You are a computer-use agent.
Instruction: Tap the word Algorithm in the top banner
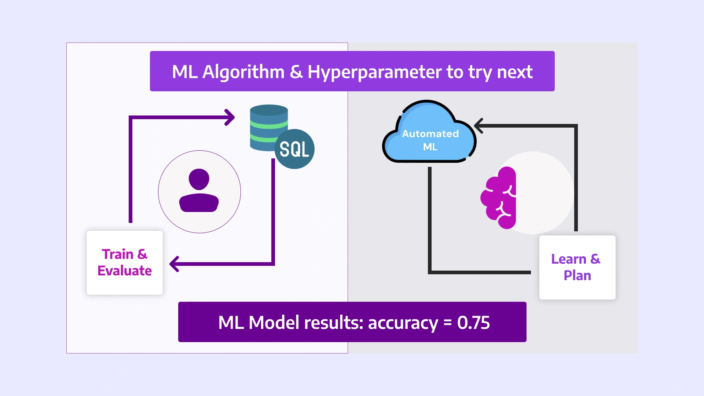click(243, 72)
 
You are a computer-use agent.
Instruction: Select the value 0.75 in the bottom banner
click(473, 323)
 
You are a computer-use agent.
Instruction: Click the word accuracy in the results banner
click(403, 323)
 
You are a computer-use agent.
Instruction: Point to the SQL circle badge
click(294, 149)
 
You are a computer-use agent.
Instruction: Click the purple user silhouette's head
click(199, 179)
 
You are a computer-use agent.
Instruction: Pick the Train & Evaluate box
click(125, 263)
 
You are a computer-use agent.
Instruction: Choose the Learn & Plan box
click(577, 267)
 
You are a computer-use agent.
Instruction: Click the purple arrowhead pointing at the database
click(230, 117)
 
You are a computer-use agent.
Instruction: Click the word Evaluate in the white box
click(125, 271)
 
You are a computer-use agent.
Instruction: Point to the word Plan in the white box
click(577, 276)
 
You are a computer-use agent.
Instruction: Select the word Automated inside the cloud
click(430, 134)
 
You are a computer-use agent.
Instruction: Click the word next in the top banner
click(515, 72)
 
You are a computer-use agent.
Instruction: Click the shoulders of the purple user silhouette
click(199, 203)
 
